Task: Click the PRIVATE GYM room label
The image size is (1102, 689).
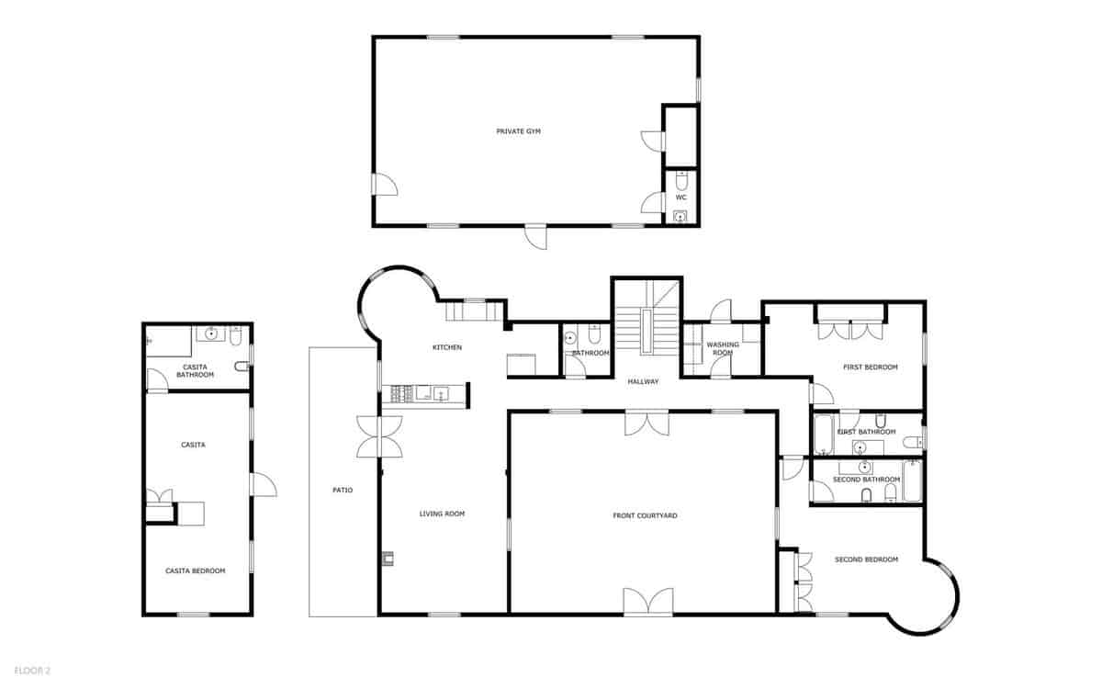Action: (x=518, y=131)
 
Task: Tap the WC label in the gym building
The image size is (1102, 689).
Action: (x=680, y=198)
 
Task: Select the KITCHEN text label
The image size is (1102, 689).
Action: (x=447, y=347)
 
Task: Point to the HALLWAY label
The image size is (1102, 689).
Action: (x=643, y=381)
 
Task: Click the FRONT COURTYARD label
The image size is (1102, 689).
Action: (x=645, y=516)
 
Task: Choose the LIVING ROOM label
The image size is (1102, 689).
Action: (x=442, y=514)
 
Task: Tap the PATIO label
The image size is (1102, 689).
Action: (x=343, y=490)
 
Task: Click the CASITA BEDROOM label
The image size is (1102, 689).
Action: (x=195, y=570)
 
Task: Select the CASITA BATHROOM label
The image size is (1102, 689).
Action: (x=195, y=370)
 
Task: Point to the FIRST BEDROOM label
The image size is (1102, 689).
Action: (x=870, y=367)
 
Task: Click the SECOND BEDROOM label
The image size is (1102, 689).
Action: (x=866, y=559)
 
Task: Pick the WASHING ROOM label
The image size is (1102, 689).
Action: (x=723, y=348)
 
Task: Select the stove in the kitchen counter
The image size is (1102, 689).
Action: (x=400, y=394)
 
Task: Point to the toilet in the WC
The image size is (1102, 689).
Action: (x=680, y=177)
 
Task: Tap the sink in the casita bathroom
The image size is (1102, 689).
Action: (x=212, y=333)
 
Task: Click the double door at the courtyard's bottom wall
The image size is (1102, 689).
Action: (x=647, y=603)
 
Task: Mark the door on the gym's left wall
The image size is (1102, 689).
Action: (x=384, y=184)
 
